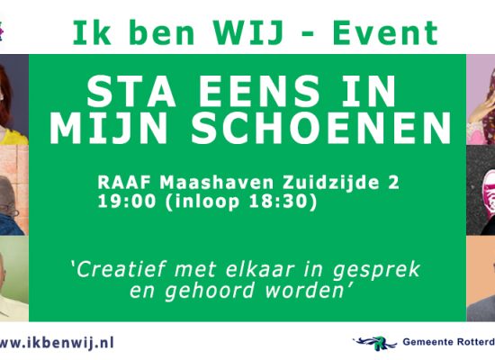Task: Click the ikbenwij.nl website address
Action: click(56, 342)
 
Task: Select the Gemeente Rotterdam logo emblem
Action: click(374, 342)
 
